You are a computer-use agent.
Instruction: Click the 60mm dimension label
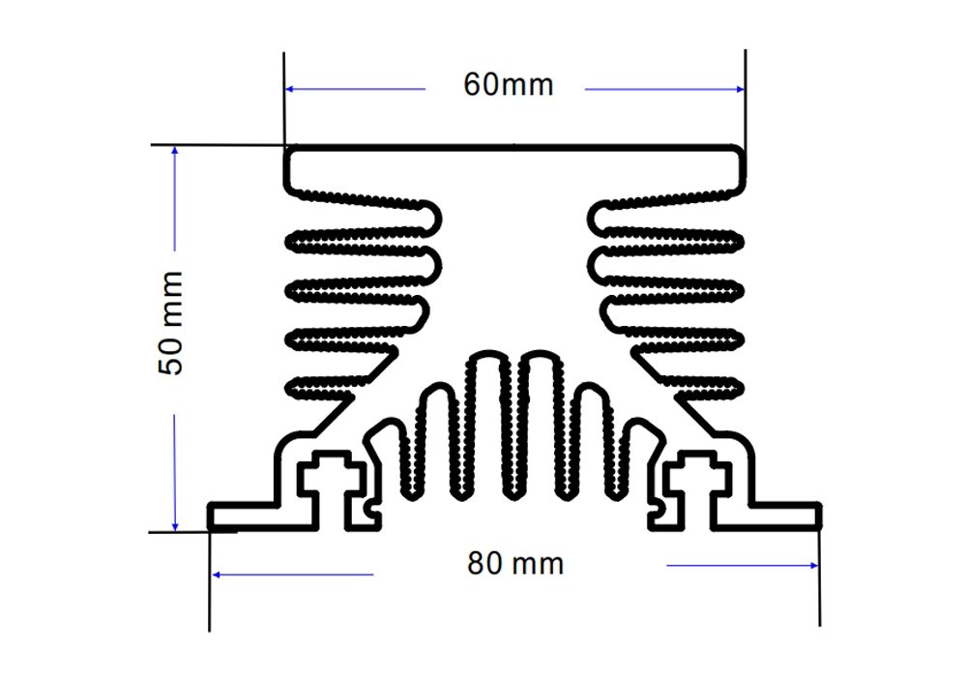509,84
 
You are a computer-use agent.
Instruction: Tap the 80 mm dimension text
515,564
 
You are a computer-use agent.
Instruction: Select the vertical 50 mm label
171,323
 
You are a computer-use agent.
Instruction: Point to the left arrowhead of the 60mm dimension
289,89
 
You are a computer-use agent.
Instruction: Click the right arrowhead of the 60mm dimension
740,89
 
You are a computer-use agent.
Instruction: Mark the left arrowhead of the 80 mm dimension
216,574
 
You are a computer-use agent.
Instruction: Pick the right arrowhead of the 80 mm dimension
814,566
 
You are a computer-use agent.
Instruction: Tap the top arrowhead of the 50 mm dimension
174,151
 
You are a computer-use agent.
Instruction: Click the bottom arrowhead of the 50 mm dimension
174,526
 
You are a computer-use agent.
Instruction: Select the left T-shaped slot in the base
331,487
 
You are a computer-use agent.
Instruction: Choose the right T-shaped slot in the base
699,487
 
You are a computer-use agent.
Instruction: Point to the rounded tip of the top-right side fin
593,219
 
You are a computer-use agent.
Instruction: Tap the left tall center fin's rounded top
488,355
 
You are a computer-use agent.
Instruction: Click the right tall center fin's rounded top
541,355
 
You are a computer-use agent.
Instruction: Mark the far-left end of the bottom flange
210,516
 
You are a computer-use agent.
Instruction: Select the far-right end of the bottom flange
819,516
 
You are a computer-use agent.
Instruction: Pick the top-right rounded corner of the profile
740,151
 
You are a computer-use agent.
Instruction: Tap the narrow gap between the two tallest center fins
515,426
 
